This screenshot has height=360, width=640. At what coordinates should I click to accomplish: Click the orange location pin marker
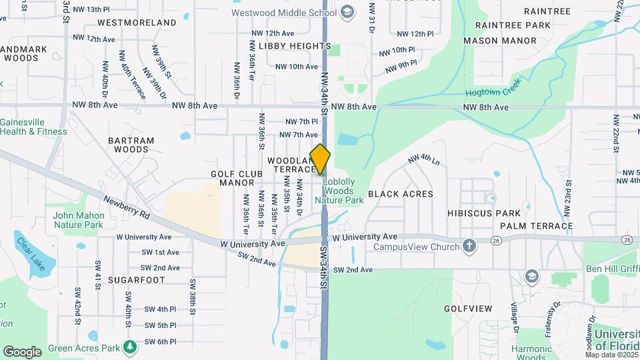tap(320, 159)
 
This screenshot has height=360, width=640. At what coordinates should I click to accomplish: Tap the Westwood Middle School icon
tap(347, 11)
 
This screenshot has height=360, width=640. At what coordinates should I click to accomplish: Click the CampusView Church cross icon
tap(469, 247)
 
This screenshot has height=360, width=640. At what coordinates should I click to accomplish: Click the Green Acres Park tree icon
tap(130, 347)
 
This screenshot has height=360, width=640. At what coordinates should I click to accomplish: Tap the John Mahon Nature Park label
tap(79, 220)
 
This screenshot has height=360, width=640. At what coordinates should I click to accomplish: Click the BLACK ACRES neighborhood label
tap(400, 194)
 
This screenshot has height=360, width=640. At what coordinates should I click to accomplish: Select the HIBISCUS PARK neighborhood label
tap(493, 213)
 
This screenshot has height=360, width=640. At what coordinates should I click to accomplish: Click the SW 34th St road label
tap(324, 267)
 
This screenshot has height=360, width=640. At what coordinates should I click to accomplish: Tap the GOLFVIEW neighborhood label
tap(468, 309)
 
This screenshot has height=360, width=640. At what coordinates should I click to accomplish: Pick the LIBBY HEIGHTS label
tap(294, 46)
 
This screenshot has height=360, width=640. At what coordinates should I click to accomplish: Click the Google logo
tap(22, 351)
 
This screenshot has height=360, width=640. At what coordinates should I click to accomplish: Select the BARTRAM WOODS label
tap(131, 145)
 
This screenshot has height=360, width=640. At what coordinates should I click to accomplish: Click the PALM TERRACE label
tap(537, 226)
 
